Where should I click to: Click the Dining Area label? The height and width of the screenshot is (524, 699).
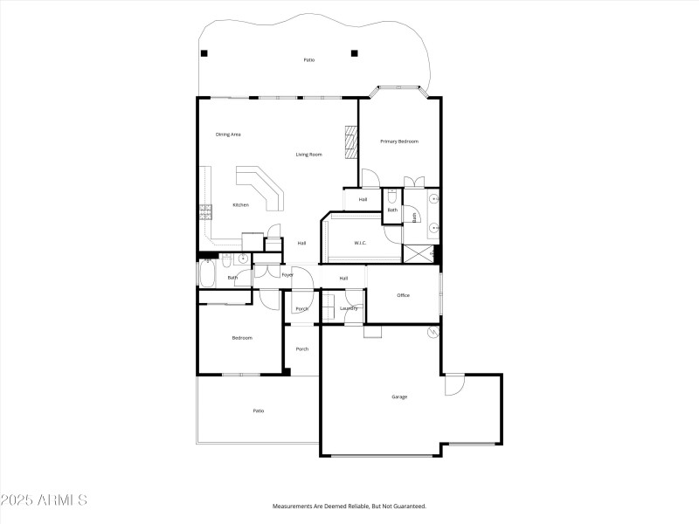tap(228, 134)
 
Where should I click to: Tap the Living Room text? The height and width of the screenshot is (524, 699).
tap(308, 155)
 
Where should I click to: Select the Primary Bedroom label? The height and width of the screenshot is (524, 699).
tap(398, 141)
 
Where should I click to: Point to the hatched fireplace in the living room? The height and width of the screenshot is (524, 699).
tap(351, 142)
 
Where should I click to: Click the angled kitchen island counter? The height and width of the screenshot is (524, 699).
tap(261, 187)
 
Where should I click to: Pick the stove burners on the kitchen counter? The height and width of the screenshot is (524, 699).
tap(205, 210)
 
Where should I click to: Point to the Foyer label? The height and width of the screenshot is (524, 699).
tap(287, 274)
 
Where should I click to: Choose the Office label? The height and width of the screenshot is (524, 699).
tap(403, 295)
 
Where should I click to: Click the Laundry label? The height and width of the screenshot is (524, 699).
tap(349, 308)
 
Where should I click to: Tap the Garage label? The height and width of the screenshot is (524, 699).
tap(399, 396)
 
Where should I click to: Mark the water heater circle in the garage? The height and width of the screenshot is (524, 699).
tap(433, 333)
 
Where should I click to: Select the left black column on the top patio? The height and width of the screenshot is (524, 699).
tap(204, 53)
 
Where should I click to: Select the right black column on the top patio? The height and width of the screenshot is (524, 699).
tap(354, 53)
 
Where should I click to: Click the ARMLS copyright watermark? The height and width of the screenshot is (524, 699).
tap(44, 500)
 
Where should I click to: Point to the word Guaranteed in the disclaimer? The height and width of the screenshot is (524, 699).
tap(406, 506)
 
